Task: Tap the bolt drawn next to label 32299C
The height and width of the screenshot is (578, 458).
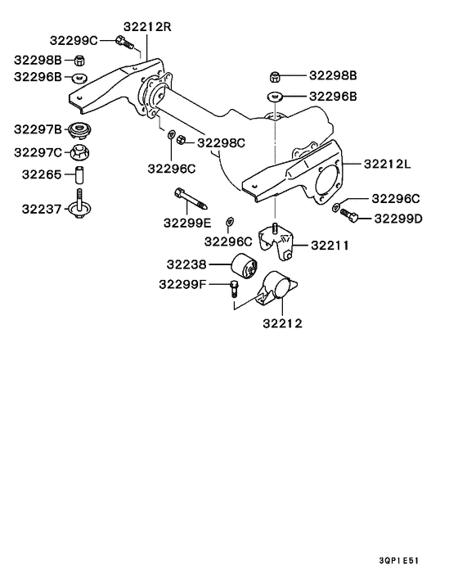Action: [123, 42]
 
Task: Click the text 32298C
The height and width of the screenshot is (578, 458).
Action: [222, 142]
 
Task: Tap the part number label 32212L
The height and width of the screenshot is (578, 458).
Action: [387, 163]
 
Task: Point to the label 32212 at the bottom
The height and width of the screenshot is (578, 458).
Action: [282, 323]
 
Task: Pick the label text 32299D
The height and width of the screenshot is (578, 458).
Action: [397, 219]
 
